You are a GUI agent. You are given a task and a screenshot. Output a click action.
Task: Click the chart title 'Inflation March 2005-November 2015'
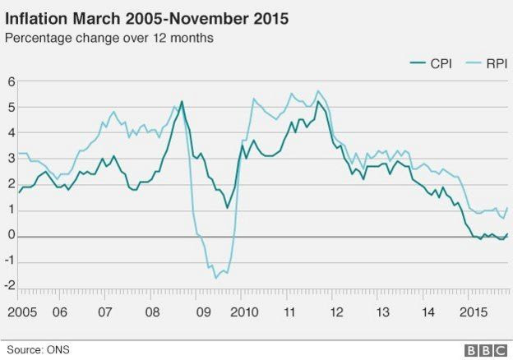[x=147, y=17]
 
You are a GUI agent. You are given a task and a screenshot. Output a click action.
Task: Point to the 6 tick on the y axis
[x=11, y=81]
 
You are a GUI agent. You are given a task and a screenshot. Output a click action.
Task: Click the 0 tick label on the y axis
[x=11, y=237]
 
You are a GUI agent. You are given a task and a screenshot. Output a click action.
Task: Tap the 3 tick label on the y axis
[x=11, y=159]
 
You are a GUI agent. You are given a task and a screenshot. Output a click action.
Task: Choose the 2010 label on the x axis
[x=244, y=313]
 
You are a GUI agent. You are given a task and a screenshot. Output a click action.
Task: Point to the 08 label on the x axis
[x=151, y=313]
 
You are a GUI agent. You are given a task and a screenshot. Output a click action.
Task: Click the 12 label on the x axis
[x=336, y=313]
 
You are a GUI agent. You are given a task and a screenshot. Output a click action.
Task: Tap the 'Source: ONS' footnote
[x=38, y=350]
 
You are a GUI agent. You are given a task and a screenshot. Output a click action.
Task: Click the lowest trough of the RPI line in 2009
[x=216, y=278]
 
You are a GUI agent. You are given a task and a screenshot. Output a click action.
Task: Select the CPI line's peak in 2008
[x=181, y=101]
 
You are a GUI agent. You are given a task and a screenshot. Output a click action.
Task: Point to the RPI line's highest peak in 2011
[x=318, y=90]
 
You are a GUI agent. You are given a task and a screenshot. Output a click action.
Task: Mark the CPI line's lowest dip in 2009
[x=228, y=208]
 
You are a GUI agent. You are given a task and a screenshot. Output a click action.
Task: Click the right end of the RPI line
[x=507, y=208]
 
